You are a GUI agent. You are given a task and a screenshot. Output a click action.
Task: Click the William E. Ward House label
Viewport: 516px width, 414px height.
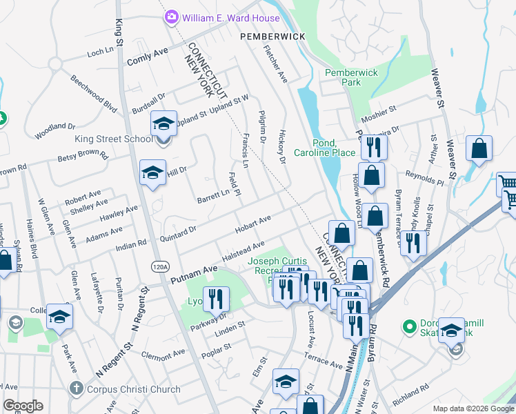[x=231, y=18]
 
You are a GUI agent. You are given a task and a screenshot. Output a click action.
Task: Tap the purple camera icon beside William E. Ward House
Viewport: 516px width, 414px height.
[x=172, y=17]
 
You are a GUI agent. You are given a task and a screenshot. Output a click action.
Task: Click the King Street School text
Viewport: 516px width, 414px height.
[x=113, y=139]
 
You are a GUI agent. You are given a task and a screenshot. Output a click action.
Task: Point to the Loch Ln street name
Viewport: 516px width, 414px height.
[x=100, y=52]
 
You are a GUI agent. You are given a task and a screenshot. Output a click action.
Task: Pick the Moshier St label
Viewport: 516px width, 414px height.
[x=379, y=109]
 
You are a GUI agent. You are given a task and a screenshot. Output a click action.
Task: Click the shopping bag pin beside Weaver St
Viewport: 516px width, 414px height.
[x=479, y=148]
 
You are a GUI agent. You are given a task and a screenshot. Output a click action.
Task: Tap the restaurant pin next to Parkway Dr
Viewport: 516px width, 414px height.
[x=216, y=299]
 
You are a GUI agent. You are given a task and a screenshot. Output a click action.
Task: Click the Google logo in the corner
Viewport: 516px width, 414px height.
[x=23, y=406]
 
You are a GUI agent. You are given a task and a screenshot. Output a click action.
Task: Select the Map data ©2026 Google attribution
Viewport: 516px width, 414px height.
[x=473, y=408]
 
